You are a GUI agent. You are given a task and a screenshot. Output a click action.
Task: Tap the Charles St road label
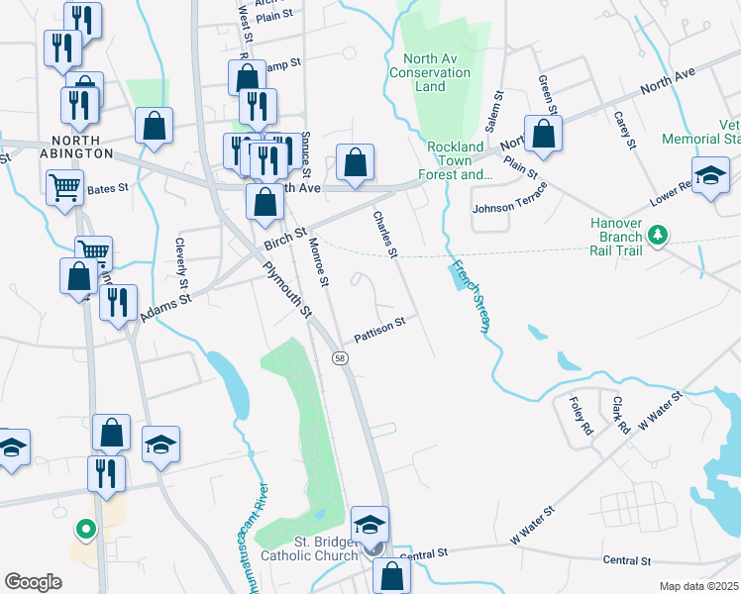(x=384, y=235)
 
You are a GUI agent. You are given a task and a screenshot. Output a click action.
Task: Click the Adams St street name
(x=163, y=304)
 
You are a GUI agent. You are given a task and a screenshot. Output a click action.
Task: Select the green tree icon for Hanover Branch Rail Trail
(x=656, y=236)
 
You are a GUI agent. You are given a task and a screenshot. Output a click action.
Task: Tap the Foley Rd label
(x=581, y=408)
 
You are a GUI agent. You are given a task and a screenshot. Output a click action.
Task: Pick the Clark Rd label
(x=619, y=416)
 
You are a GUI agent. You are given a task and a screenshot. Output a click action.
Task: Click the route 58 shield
(x=340, y=358)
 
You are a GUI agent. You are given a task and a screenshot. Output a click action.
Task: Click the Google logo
(x=33, y=581)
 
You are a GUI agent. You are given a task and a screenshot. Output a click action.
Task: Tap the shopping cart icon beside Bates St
(x=64, y=184)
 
